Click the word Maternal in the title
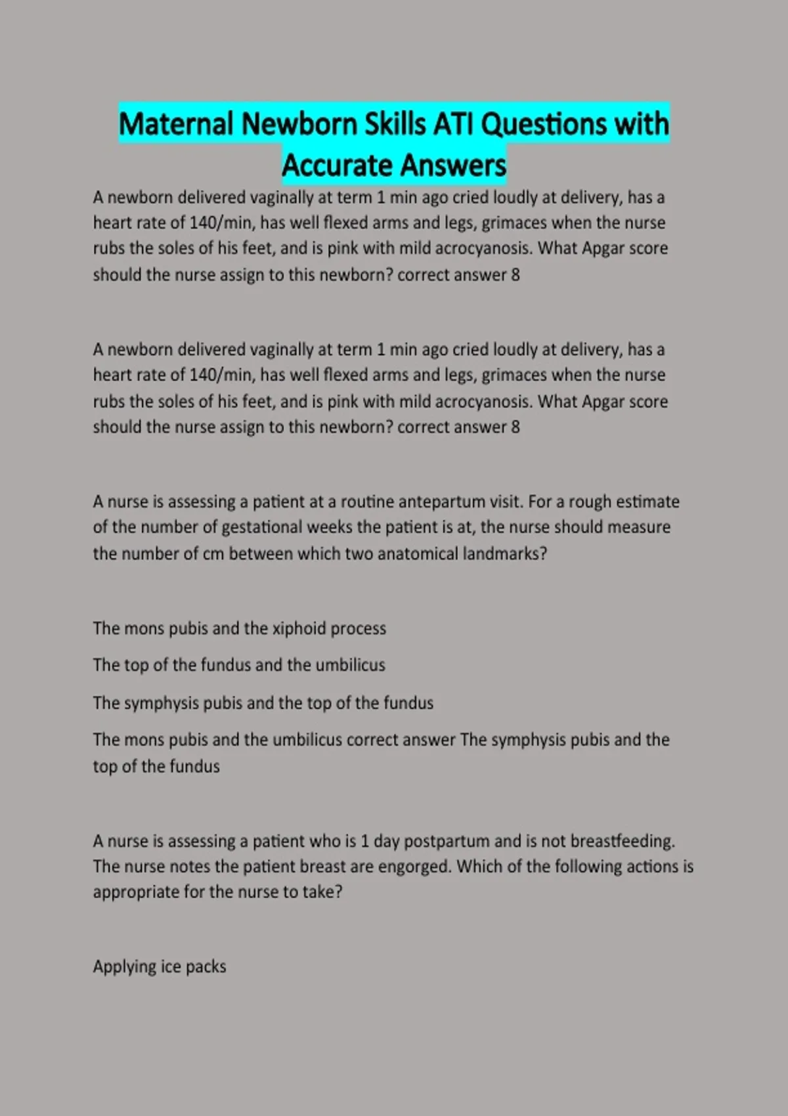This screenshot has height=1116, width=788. (176, 124)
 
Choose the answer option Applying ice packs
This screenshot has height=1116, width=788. (160, 967)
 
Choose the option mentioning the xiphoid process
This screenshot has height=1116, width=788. (239, 629)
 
